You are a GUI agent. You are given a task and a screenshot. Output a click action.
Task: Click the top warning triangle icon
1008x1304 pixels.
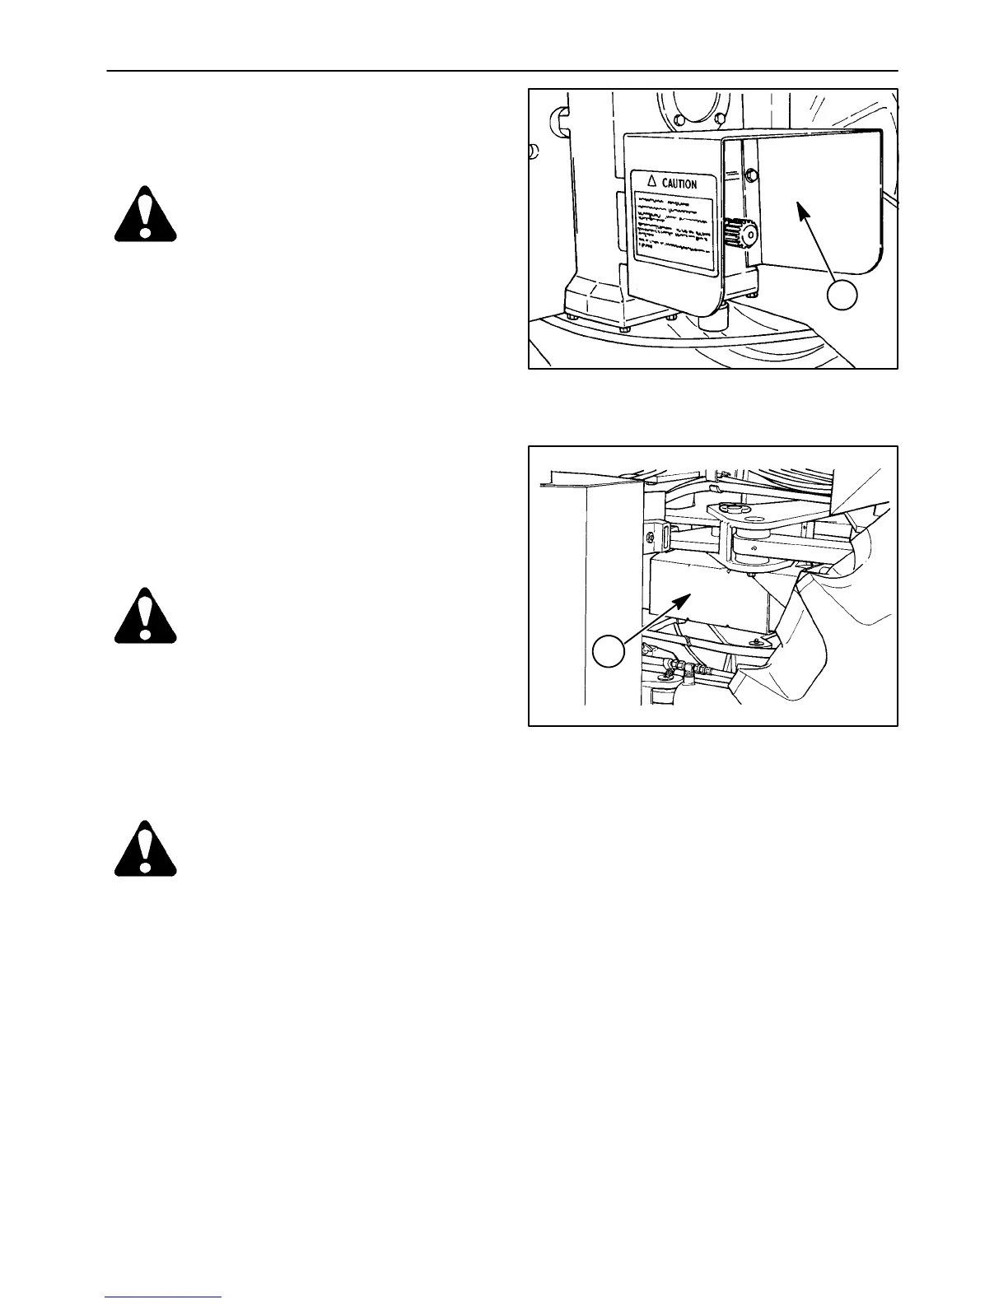click(x=145, y=214)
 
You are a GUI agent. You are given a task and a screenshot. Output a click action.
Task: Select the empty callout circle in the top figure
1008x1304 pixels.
click(x=842, y=296)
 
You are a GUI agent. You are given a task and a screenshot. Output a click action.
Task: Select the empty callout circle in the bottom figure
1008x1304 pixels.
click(x=609, y=652)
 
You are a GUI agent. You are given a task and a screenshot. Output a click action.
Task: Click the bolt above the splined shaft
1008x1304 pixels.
click(x=750, y=175)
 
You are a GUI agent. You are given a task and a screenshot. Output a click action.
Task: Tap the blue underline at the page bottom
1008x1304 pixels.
click(x=164, y=1297)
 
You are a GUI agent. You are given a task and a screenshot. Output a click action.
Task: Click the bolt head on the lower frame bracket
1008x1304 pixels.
click(x=754, y=641)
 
